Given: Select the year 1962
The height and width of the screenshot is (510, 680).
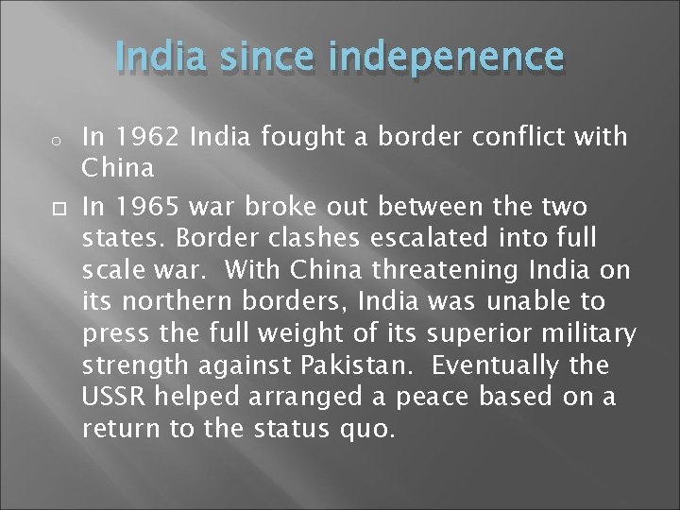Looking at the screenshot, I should (x=144, y=137).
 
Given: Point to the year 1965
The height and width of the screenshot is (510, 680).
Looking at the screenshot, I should (x=144, y=206).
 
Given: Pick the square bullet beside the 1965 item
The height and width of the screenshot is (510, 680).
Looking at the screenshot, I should (x=30, y=207).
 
